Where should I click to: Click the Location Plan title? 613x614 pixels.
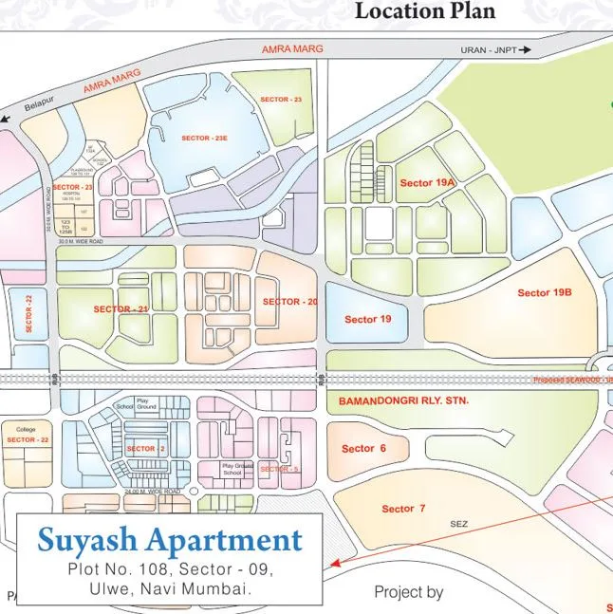(425, 12)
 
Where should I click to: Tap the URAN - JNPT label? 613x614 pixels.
(489, 50)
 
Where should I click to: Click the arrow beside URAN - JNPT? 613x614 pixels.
(526, 50)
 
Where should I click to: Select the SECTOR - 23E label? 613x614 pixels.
(204, 139)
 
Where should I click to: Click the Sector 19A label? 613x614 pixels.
(427, 182)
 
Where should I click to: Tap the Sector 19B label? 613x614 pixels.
(545, 292)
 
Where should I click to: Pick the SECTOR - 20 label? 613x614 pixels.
(289, 302)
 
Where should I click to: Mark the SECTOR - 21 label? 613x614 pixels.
(121, 309)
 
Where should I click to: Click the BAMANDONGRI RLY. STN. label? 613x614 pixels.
(403, 402)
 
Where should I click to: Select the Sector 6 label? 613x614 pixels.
(362, 449)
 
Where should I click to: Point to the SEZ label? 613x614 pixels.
(459, 523)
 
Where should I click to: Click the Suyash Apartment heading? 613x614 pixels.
(169, 541)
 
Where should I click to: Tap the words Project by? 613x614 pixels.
(408, 592)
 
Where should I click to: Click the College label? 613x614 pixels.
(26, 429)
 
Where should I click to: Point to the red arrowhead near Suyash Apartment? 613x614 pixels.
(334, 561)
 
